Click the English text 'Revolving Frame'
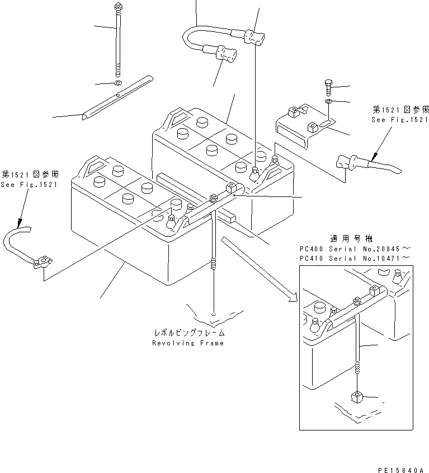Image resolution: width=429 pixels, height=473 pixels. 187,343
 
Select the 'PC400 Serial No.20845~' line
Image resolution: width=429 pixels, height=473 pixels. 356,248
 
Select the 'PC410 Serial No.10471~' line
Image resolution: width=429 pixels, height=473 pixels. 356,258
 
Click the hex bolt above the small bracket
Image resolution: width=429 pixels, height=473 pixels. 328,87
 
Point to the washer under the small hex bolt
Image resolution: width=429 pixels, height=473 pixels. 328,101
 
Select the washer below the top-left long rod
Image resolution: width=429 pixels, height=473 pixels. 117,83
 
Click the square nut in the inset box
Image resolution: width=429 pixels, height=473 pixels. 356,399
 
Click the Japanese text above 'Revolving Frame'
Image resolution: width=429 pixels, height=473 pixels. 187,332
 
